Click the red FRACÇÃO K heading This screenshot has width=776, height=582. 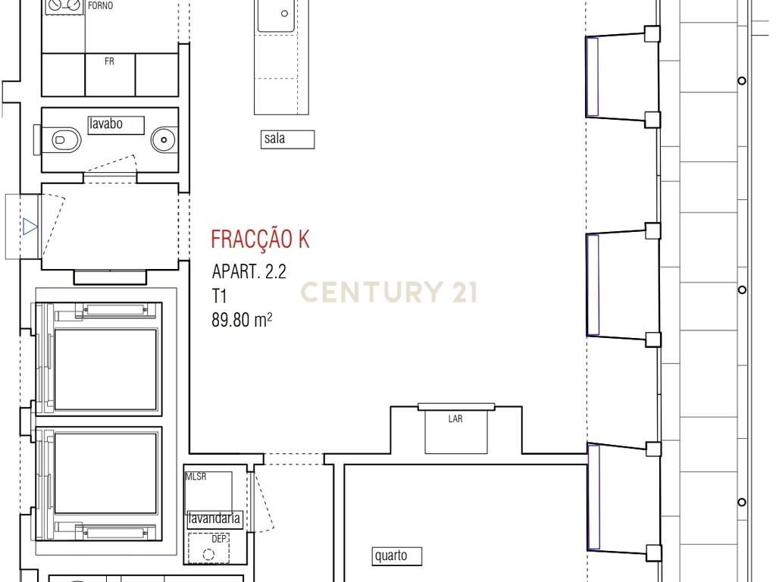click(261, 239)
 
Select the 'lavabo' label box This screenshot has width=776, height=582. click(116, 125)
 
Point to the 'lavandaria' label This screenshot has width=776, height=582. click(214, 518)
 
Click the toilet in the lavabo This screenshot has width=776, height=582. click(66, 140)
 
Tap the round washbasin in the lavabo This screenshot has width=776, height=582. click(164, 140)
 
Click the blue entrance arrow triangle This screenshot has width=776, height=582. click(30, 227)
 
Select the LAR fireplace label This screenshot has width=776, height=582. click(455, 418)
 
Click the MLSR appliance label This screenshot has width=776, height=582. click(196, 477)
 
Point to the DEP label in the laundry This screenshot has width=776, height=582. click(219, 539)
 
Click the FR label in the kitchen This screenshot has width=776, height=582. click(109, 61)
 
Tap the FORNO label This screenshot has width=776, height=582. click(101, 6)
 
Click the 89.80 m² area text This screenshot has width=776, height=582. click(242, 320)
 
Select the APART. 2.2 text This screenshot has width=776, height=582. click(249, 272)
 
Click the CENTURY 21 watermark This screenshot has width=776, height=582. click(389, 292)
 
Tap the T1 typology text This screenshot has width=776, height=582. click(219, 296)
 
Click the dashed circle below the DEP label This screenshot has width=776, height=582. click(209, 555)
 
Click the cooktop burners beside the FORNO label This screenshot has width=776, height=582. click(64, 6)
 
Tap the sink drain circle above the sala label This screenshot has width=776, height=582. click(285, 14)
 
